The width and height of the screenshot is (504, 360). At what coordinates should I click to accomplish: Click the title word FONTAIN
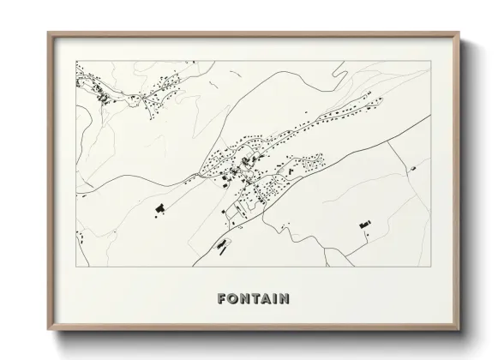(253, 299)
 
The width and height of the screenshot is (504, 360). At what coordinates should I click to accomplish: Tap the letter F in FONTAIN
(223, 299)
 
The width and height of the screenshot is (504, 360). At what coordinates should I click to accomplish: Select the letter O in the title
(233, 299)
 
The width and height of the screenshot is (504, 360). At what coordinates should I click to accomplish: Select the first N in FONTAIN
(243, 299)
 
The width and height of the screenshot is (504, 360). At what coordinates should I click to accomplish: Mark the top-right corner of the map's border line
(429, 61)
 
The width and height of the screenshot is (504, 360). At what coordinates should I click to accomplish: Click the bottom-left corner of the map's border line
(76, 267)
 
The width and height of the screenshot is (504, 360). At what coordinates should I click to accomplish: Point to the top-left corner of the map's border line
(76, 61)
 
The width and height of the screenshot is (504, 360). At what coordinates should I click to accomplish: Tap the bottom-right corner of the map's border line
(429, 267)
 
